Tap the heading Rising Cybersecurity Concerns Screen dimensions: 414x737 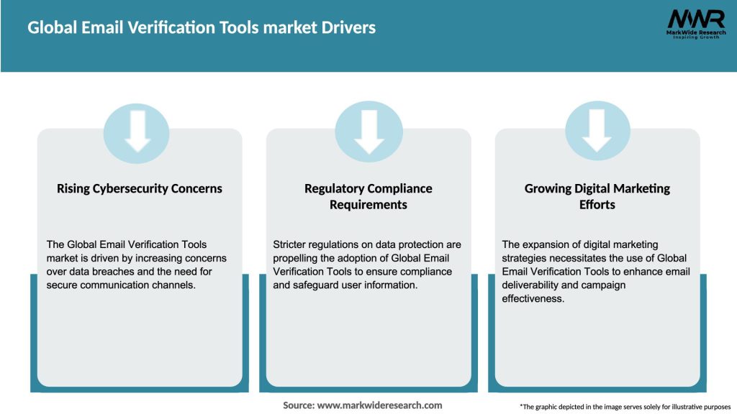140,189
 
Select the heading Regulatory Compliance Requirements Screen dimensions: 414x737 368,196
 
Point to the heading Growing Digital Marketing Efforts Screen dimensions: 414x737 597,196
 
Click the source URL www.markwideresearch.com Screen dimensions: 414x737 379,405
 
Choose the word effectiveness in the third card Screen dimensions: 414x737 533,297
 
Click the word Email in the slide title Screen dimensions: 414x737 91,28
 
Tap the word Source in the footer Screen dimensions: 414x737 298,405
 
